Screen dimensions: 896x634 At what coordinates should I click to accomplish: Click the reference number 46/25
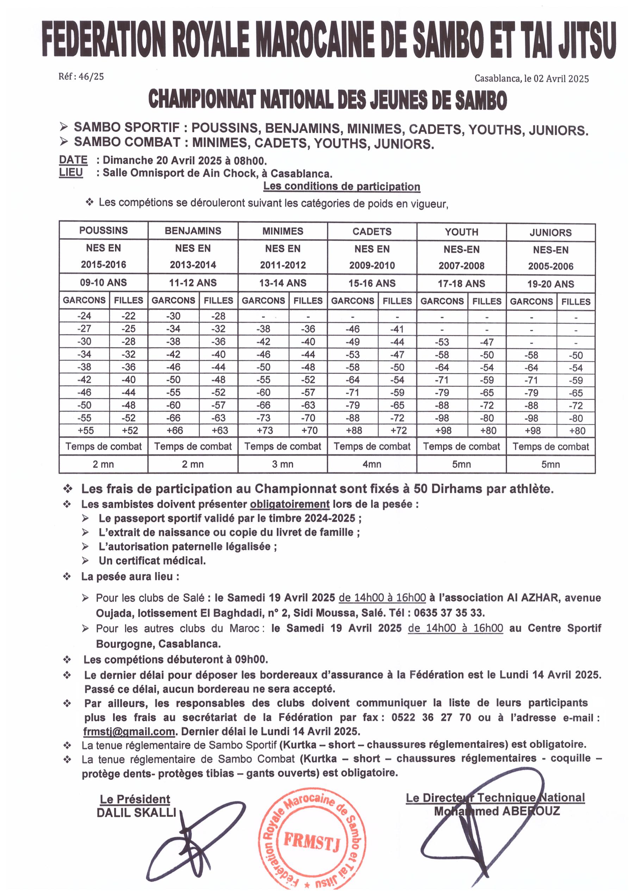[91, 76]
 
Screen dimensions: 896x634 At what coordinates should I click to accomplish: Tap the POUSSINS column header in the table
[104, 230]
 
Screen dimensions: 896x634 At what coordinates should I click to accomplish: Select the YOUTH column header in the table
[461, 232]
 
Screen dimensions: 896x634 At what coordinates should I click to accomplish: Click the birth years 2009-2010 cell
[372, 266]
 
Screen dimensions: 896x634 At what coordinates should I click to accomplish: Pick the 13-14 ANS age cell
[282, 283]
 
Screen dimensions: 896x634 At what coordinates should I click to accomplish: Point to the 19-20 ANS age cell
[551, 284]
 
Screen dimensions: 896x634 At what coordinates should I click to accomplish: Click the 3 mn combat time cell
[282, 464]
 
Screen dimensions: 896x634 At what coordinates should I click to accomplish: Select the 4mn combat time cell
[372, 464]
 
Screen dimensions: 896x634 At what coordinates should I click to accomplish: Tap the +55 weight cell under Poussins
[84, 430]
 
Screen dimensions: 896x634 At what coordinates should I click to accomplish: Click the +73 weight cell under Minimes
[263, 431]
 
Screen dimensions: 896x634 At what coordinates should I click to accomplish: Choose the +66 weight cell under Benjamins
[173, 430]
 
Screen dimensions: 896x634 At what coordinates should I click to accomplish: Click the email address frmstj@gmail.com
[129, 731]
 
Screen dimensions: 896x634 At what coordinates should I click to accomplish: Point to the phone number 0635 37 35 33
[449, 612]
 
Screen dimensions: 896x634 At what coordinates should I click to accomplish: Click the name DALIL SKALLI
[136, 813]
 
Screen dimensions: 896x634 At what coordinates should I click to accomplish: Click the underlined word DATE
[73, 160]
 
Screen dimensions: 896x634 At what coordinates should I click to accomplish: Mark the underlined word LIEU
[71, 173]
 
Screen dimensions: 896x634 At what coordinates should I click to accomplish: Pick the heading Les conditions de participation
[342, 186]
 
